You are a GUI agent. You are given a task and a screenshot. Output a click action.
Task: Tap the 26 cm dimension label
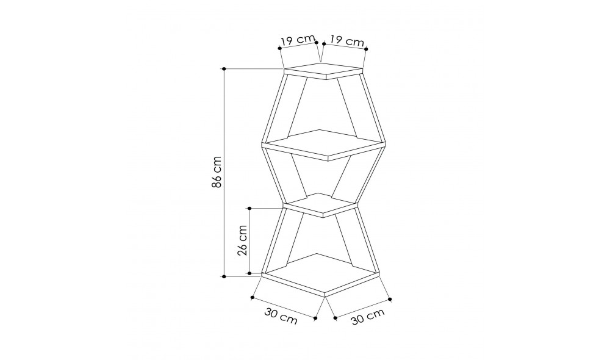pos(243,240)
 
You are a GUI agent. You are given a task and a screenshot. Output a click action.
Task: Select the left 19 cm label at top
pos(297,41)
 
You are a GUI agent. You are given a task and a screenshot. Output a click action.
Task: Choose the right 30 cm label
pos(367,318)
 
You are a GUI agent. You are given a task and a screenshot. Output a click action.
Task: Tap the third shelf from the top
pos(321,204)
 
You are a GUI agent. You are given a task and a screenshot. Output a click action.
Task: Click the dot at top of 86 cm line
pos(224,69)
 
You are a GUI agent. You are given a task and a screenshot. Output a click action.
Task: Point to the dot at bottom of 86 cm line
pos(224,276)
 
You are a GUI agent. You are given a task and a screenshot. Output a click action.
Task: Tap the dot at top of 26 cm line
pos(250,208)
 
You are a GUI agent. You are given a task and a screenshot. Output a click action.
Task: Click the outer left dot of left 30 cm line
pos(252,298)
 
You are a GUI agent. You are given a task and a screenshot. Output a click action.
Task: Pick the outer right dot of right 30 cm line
pos(390,299)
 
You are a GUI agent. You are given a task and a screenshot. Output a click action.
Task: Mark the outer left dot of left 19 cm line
pos(279,47)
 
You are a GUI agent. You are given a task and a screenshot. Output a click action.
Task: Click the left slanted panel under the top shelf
pos(295,107)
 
